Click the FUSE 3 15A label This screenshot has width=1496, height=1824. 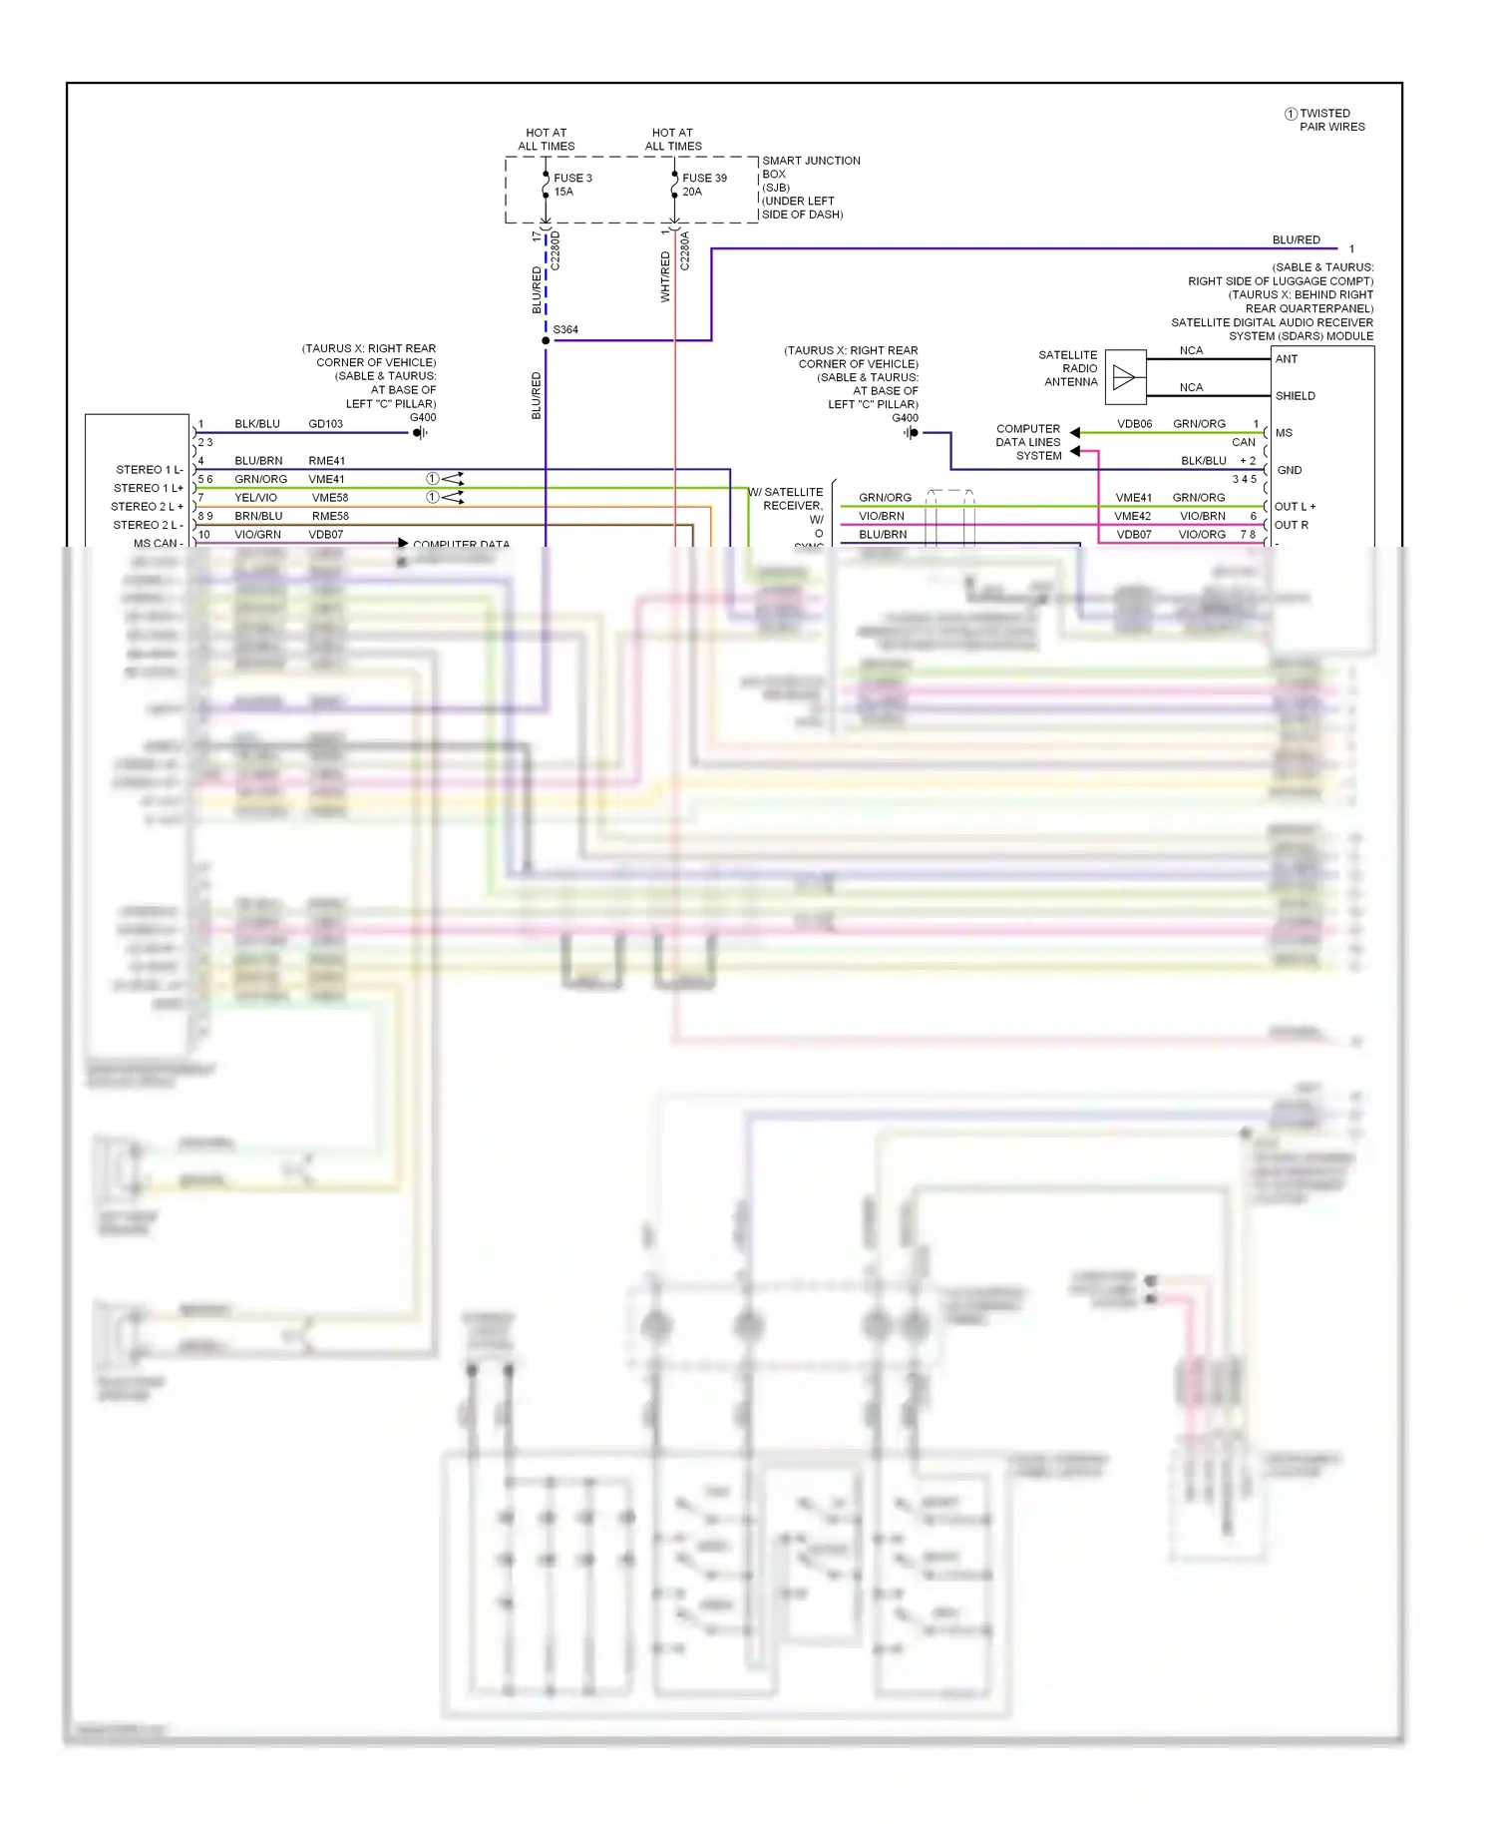tap(572, 185)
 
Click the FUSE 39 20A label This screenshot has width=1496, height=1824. tap(704, 185)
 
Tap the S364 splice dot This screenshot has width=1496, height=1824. tap(546, 341)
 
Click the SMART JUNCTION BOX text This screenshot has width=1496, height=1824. tap(810, 167)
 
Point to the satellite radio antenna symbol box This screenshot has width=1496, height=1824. tap(1126, 377)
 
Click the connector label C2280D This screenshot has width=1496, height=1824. tap(556, 250)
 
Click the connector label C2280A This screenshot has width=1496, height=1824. tap(685, 250)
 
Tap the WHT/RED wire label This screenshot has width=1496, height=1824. tap(665, 276)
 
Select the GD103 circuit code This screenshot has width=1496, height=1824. tap(325, 424)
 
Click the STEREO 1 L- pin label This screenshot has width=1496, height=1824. tap(150, 470)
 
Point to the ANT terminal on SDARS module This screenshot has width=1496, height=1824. tap(1287, 359)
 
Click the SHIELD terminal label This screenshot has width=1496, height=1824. tap(1295, 396)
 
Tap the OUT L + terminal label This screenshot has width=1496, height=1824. tap(1295, 507)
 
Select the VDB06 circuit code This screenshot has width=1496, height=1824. tap(1134, 424)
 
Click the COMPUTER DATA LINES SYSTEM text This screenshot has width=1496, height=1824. tap(1028, 442)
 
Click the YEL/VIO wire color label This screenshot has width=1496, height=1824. tap(255, 498)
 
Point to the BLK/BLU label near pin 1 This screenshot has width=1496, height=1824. tap(257, 424)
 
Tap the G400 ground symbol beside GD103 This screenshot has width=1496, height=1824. tap(420, 433)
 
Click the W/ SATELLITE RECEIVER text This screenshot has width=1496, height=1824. tap(788, 499)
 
